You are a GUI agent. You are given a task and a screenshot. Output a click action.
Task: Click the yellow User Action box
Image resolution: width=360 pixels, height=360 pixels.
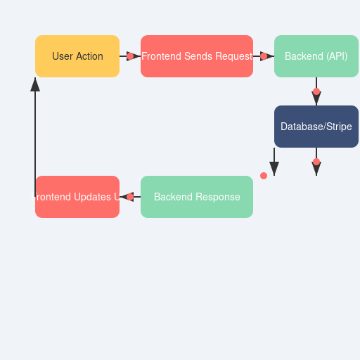pyautogui.click(x=77, y=56)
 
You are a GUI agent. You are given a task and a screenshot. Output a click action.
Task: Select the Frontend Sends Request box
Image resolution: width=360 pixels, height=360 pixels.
pyautogui.click(x=197, y=56)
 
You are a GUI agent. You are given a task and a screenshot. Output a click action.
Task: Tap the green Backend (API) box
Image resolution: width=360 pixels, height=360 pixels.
pyautogui.click(x=316, y=56)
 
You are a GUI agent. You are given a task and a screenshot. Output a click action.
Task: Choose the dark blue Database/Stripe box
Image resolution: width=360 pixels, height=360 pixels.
pyautogui.click(x=316, y=127)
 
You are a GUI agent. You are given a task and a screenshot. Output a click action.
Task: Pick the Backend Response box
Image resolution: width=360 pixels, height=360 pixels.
pyautogui.click(x=197, y=197)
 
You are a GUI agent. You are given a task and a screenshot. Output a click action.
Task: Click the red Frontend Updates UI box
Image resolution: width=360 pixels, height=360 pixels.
pyautogui.click(x=77, y=197)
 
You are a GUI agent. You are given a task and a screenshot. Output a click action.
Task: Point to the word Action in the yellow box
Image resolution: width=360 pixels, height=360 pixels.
pyautogui.click(x=89, y=56)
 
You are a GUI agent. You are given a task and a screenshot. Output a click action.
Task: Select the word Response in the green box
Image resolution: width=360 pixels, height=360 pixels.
pyautogui.click(x=218, y=197)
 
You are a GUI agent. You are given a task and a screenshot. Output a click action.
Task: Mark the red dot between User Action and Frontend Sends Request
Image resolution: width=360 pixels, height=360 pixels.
pyautogui.click(x=130, y=56)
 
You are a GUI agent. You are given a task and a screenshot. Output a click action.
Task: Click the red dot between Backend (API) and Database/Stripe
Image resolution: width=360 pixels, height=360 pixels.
pyautogui.click(x=316, y=91)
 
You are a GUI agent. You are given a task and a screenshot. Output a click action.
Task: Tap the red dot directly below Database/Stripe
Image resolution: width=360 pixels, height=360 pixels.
pyautogui.click(x=316, y=162)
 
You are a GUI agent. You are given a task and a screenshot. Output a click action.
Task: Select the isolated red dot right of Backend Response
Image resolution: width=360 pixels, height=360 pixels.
pyautogui.click(x=264, y=176)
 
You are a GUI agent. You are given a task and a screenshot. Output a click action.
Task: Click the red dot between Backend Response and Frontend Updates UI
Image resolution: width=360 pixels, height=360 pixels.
pyautogui.click(x=130, y=197)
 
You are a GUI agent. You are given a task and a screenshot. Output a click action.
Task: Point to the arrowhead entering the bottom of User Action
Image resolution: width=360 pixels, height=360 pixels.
pyautogui.click(x=35, y=84)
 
